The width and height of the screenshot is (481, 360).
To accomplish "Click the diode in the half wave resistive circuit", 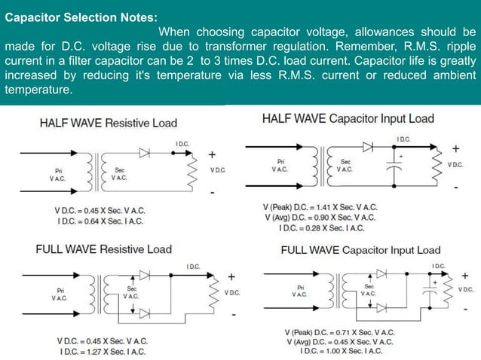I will pyautogui.click(x=145, y=152).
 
